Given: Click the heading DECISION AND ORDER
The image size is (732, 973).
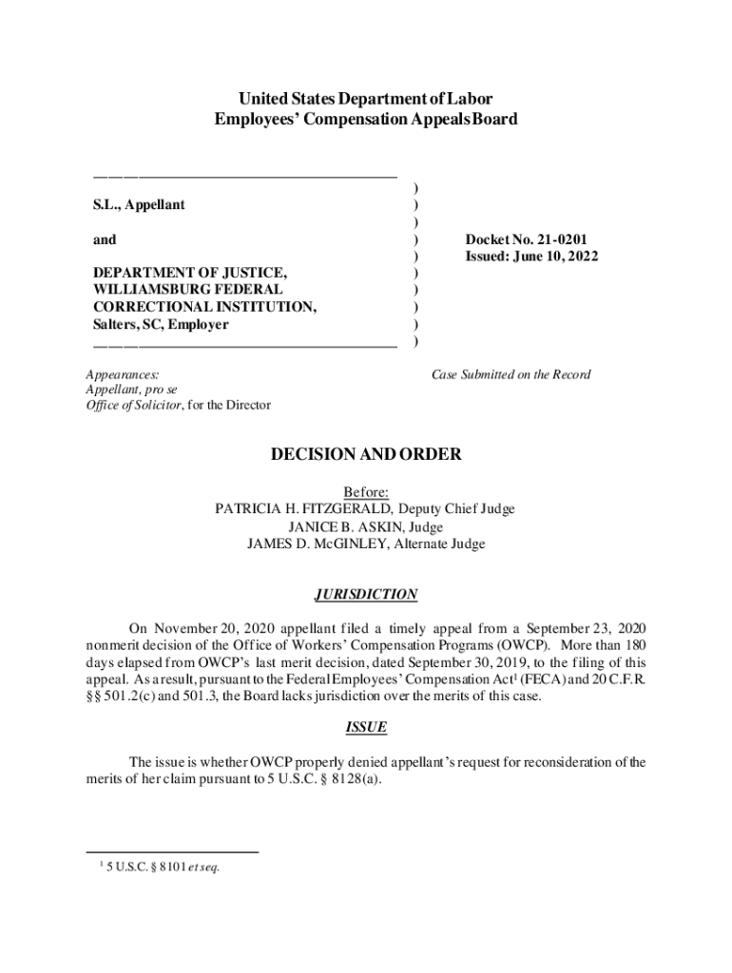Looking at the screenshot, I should tap(366, 455).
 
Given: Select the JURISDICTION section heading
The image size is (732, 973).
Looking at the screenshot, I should tap(366, 595).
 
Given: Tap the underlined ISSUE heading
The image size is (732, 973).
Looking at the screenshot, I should tap(366, 728).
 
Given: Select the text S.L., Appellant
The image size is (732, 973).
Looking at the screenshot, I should tap(139, 204).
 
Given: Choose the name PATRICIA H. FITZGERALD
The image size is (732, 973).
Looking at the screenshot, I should tap(307, 509).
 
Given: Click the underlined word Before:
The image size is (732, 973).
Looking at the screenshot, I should tap(366, 492).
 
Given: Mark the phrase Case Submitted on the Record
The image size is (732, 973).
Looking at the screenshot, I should tap(511, 374).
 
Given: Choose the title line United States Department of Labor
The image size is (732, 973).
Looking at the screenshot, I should tap(366, 99).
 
